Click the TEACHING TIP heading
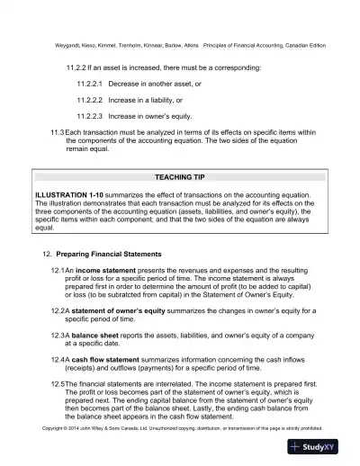pyautogui.click(x=179, y=178)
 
